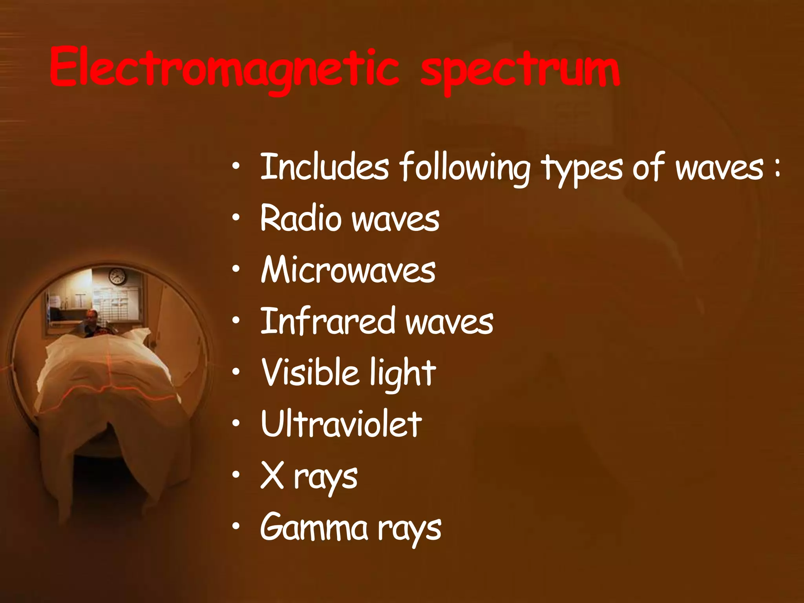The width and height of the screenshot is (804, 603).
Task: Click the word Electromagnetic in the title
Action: [x=224, y=69]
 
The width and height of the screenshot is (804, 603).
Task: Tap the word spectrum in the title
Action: [x=520, y=71]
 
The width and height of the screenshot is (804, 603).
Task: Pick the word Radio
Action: [x=300, y=218]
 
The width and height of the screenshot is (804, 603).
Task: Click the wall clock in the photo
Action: [x=117, y=276]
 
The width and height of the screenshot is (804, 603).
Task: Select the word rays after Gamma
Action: [x=409, y=530]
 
